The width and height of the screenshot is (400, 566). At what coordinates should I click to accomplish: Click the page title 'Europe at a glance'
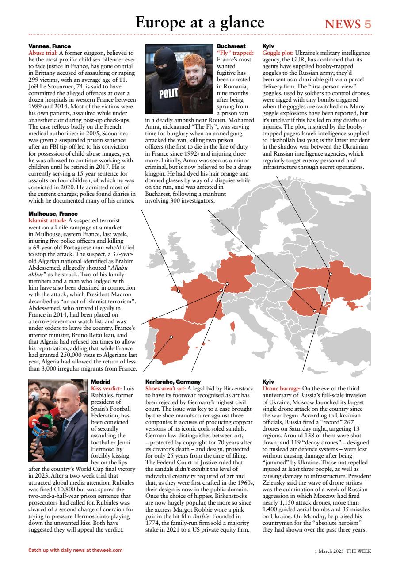coord(200,22)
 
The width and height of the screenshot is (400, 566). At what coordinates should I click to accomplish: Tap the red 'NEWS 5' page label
coord(348,24)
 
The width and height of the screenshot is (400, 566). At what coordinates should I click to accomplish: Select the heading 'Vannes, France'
coord(50,46)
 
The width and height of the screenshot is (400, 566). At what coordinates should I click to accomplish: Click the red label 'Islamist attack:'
coord(47,220)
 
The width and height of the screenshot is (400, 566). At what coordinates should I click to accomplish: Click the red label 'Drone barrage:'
coord(281,387)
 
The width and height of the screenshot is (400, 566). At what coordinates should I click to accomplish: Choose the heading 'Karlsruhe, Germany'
coord(173,382)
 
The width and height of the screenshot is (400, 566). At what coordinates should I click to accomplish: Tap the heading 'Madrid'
coord(100,382)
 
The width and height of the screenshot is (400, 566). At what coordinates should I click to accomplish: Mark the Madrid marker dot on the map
coord(171,337)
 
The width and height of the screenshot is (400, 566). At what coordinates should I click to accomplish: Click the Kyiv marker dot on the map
coord(331,274)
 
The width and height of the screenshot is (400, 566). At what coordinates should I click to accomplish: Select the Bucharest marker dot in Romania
coord(314,310)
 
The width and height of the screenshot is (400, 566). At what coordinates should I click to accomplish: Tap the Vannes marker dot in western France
coord(179,291)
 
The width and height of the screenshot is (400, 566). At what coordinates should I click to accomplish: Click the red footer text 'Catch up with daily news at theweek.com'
coord(75,551)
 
